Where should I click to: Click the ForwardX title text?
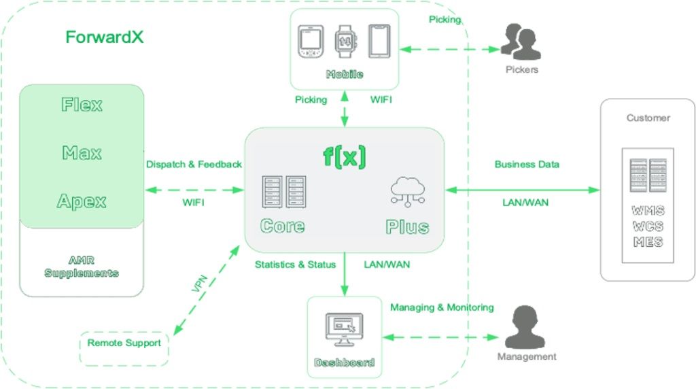click(x=104, y=37)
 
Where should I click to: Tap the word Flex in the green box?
click(x=82, y=105)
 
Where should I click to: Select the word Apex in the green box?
click(x=82, y=201)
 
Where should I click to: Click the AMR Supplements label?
click(x=82, y=267)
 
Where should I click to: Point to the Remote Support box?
click(x=124, y=343)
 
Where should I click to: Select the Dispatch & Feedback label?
click(x=194, y=165)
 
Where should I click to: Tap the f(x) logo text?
click(x=344, y=156)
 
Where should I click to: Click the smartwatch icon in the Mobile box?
click(x=345, y=41)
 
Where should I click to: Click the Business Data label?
click(x=527, y=165)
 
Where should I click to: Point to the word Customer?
click(x=648, y=118)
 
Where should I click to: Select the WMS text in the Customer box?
click(x=648, y=212)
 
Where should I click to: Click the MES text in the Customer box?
click(x=648, y=242)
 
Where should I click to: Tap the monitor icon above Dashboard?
click(x=344, y=328)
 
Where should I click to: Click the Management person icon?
click(x=526, y=326)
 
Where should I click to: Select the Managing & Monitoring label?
click(x=442, y=307)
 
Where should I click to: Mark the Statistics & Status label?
click(x=295, y=265)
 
